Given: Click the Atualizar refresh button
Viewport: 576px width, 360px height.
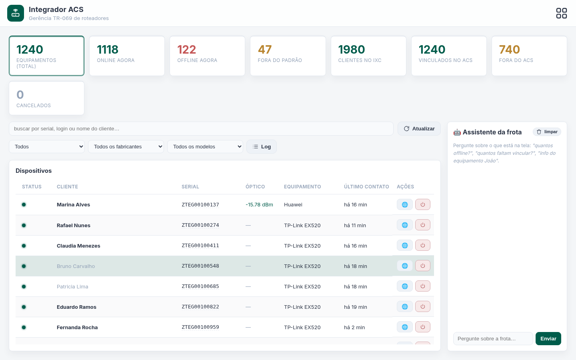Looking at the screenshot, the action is pyautogui.click(x=419, y=128).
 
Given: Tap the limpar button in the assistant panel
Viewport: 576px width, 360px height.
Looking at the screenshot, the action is pyautogui.click(x=547, y=132).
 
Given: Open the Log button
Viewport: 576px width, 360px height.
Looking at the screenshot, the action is pyautogui.click(x=262, y=146).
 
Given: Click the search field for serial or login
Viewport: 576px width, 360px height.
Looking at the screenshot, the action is pyautogui.click(x=201, y=128).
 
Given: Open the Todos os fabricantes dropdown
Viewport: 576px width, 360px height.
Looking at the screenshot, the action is pyautogui.click(x=126, y=146).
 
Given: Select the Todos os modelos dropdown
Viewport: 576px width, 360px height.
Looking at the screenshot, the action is pyautogui.click(x=205, y=146).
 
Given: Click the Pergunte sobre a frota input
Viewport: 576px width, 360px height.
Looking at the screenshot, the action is pyautogui.click(x=493, y=339).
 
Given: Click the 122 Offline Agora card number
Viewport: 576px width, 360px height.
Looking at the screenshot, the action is pyautogui.click(x=187, y=50).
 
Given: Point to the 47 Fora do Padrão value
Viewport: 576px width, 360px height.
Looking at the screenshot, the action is pyautogui.click(x=265, y=50).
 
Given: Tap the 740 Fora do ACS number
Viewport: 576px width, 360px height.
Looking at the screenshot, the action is pyautogui.click(x=510, y=50).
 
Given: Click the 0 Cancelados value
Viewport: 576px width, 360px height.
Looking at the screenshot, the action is pyautogui.click(x=20, y=95).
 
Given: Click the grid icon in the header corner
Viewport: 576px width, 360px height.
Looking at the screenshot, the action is pyautogui.click(x=561, y=13).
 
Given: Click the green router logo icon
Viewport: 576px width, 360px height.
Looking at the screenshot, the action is pyautogui.click(x=16, y=13).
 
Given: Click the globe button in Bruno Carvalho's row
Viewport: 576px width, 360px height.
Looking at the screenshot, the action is pyautogui.click(x=405, y=266).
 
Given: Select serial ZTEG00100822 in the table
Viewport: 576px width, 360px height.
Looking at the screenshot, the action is pyautogui.click(x=200, y=307).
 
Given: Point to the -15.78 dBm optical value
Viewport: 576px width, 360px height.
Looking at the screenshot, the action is pyautogui.click(x=259, y=205).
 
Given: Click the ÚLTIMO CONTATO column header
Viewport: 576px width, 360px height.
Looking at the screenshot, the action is pyautogui.click(x=366, y=187).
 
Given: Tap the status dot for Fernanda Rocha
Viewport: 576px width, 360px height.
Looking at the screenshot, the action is pyautogui.click(x=24, y=327).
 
